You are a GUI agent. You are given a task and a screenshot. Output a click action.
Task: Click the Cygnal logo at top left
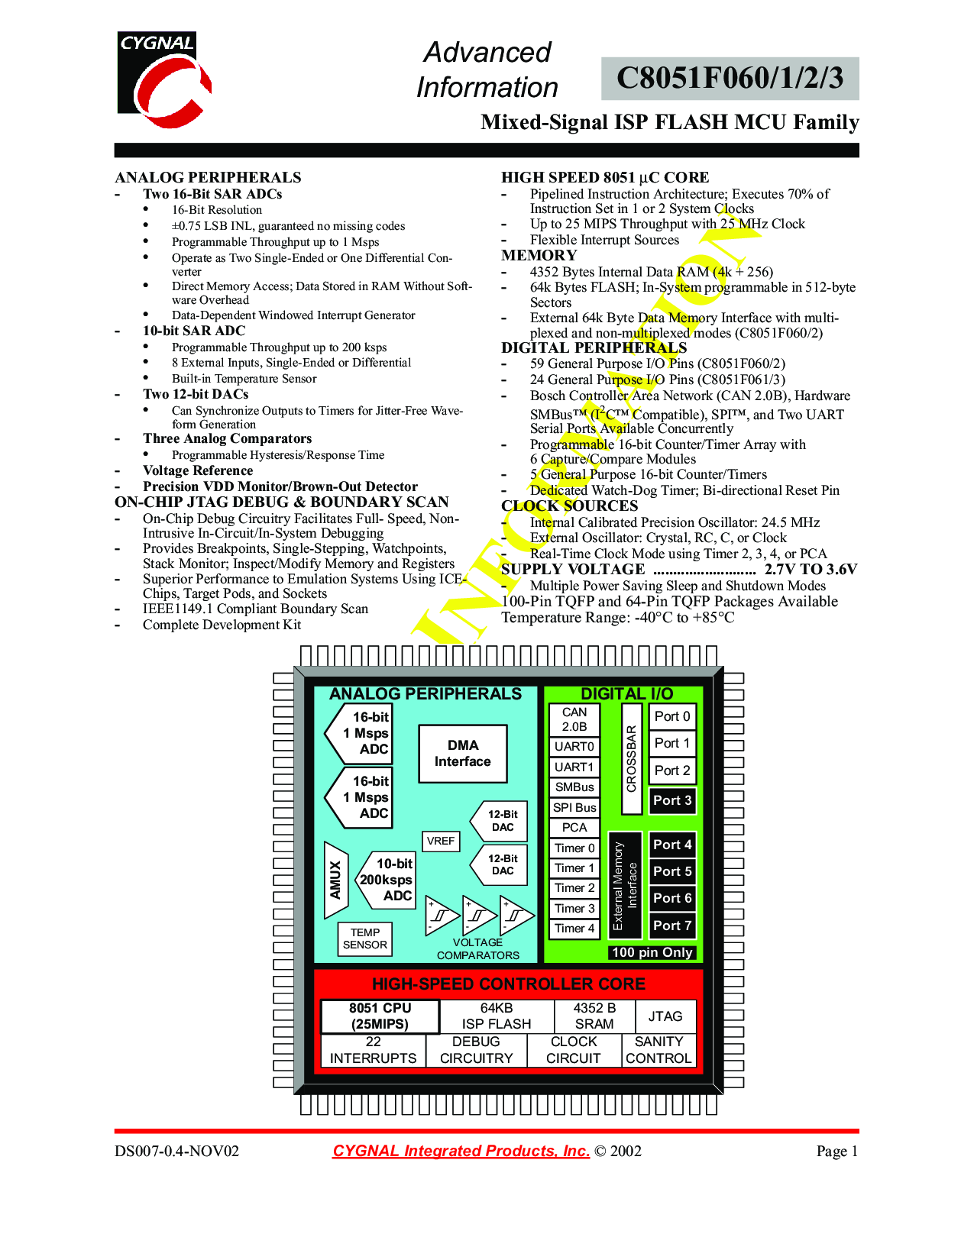(164, 79)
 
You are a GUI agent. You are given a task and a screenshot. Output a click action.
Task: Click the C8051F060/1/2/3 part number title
(730, 79)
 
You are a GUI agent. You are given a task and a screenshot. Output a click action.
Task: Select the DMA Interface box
(462, 753)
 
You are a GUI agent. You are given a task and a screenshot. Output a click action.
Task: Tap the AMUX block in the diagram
(336, 880)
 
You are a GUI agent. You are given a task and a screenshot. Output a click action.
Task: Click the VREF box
(440, 841)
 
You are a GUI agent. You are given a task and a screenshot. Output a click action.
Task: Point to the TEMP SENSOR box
(365, 939)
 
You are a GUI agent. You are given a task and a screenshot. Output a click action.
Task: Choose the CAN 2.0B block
(574, 719)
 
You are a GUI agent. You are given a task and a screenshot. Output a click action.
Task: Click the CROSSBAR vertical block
(631, 758)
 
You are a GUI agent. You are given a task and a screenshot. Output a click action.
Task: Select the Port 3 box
(672, 800)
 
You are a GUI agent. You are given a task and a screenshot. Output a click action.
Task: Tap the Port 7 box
(672, 926)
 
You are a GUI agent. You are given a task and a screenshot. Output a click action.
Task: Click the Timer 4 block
(574, 929)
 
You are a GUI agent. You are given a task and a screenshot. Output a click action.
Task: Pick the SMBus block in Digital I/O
(574, 787)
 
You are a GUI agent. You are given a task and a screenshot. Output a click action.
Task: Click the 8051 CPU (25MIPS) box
(380, 1016)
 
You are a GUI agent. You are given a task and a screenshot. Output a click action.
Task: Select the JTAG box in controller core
(665, 1016)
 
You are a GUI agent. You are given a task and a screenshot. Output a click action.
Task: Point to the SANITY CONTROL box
(659, 1050)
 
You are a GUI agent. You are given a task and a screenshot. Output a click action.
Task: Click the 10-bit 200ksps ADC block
(385, 880)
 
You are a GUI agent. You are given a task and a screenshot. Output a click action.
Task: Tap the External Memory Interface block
(625, 885)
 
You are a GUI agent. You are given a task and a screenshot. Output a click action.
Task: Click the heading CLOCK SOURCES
(569, 506)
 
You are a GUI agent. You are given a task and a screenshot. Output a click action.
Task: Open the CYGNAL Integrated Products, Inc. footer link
(461, 1151)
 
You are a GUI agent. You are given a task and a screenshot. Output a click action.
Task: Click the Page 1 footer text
(836, 1151)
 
